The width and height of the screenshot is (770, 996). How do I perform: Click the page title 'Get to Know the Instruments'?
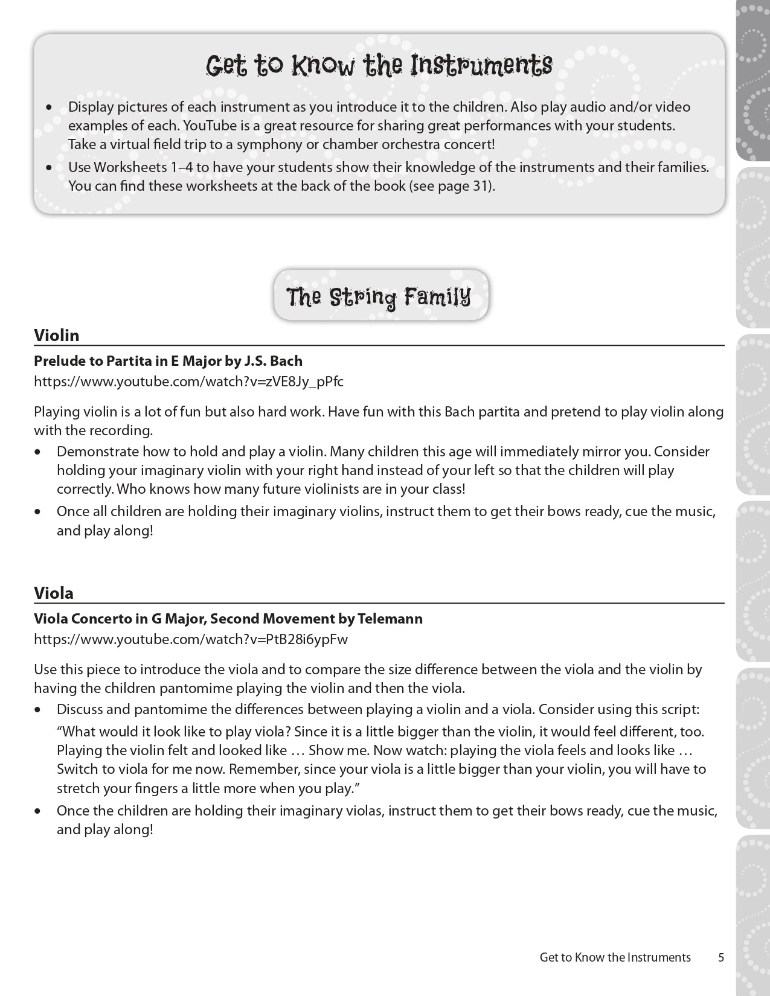pos(379,65)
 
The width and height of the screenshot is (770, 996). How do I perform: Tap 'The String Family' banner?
pos(379,297)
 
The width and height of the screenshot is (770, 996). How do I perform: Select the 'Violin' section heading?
pos(57,335)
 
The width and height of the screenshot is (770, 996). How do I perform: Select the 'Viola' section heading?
pos(54,593)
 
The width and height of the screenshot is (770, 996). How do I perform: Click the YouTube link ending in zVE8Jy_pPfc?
pos(188,381)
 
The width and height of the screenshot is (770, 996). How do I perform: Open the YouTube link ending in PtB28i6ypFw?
pos(191,639)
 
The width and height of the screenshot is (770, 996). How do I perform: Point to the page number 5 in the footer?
pos(720,957)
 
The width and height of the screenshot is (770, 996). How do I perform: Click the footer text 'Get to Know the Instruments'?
pos(615,957)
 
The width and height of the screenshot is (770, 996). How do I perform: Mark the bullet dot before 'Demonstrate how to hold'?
pos(39,452)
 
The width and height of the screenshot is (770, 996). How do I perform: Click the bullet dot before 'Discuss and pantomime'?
pos(39,710)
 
